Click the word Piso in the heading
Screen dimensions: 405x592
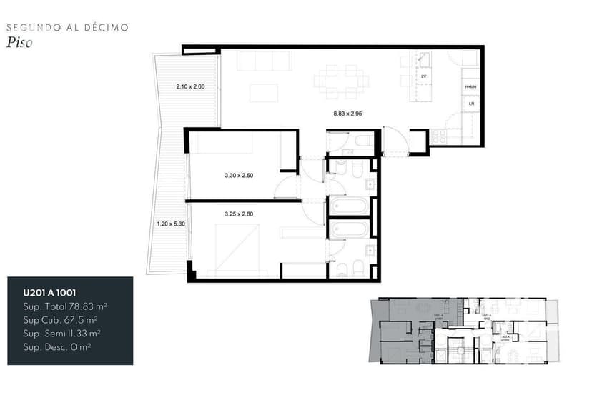[x=20, y=42]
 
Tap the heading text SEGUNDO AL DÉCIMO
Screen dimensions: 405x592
[x=67, y=27]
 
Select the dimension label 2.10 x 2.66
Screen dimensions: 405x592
[x=190, y=87]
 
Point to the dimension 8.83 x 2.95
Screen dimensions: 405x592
[x=349, y=113]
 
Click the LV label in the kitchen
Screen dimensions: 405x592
[x=424, y=76]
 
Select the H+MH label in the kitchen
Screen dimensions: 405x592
[x=470, y=87]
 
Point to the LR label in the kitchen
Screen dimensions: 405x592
[x=470, y=104]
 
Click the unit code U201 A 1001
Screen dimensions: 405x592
[x=50, y=292]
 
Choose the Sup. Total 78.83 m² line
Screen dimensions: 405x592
[x=65, y=306]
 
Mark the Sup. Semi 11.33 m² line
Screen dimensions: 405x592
[x=61, y=333]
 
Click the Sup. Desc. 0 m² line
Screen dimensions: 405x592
[x=57, y=346]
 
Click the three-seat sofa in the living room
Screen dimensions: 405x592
[x=265, y=61]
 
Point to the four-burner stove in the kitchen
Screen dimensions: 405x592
[x=438, y=136]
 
